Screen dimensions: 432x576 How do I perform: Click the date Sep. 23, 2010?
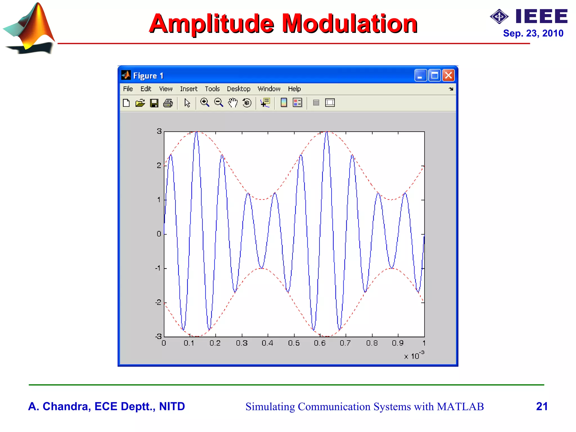(x=533, y=33)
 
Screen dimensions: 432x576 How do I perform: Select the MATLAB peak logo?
(x=30, y=28)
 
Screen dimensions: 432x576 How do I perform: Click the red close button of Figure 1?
(x=448, y=75)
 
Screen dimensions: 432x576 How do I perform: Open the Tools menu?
(x=212, y=89)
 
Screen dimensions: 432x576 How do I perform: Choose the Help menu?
(x=294, y=89)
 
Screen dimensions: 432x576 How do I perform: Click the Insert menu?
(x=188, y=89)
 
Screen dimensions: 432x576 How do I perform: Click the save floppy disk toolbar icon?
(x=154, y=103)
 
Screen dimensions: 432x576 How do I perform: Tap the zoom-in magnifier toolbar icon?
(x=204, y=103)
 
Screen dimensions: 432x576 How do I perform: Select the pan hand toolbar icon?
(x=233, y=103)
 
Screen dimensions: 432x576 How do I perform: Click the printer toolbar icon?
(x=168, y=103)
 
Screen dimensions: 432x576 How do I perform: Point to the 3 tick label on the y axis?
(x=159, y=131)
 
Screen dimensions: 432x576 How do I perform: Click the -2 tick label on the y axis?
(x=158, y=303)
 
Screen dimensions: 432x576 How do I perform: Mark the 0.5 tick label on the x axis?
(x=294, y=343)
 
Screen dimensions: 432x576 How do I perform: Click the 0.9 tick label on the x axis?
(x=398, y=343)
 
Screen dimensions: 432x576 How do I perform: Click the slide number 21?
(x=542, y=406)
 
